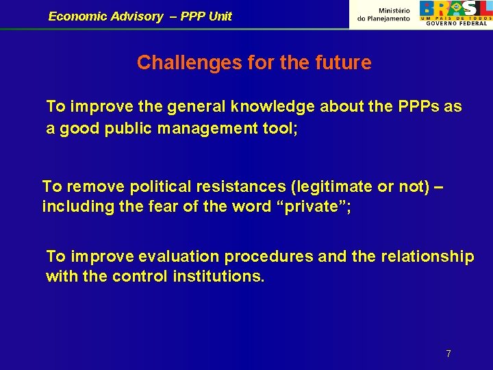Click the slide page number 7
pos(448,354)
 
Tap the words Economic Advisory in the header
pos(105,16)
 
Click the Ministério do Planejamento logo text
pos(384,14)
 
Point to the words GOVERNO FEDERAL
pos(457,23)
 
